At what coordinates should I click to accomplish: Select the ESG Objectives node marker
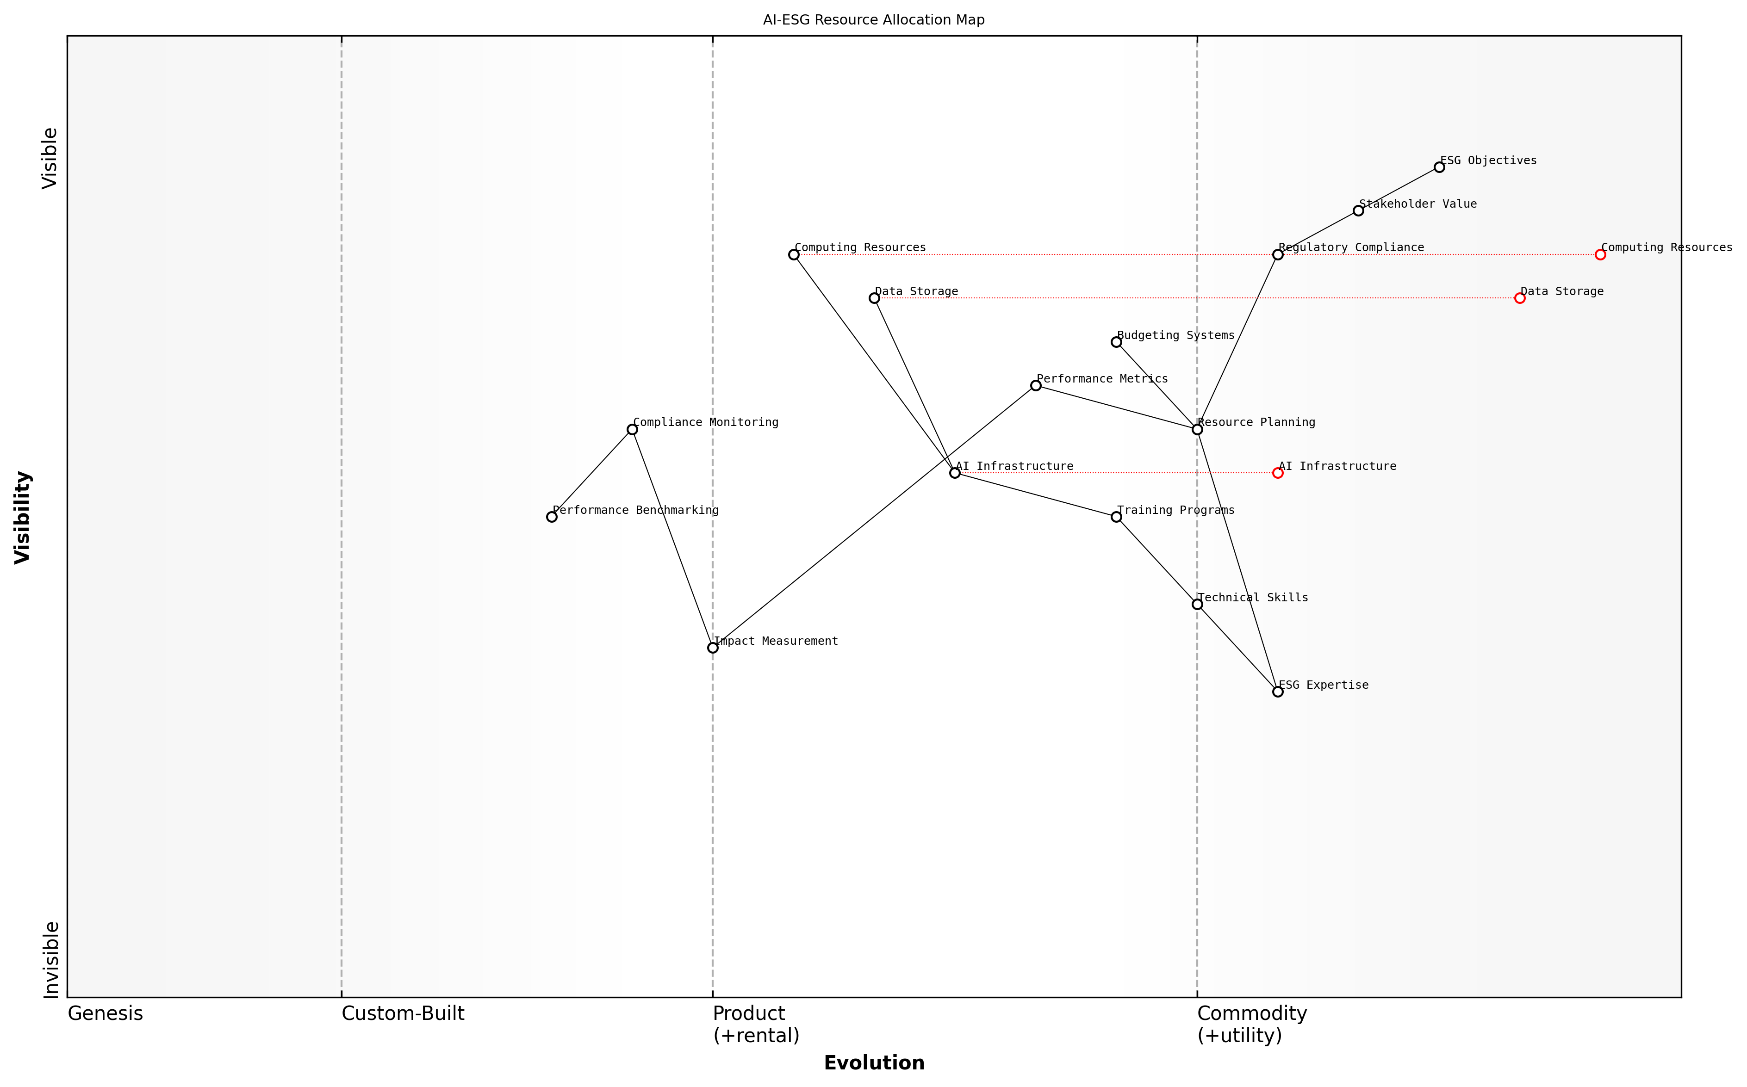point(1438,167)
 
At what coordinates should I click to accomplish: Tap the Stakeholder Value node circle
point(1358,210)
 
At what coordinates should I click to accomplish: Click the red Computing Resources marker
point(1599,254)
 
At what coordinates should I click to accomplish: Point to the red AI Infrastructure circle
point(1277,473)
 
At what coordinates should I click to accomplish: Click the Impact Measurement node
point(713,648)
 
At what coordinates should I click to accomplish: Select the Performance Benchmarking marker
point(552,517)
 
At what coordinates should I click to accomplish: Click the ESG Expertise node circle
point(1277,692)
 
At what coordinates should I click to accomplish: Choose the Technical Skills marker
point(1197,604)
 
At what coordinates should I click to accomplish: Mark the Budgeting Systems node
point(1116,342)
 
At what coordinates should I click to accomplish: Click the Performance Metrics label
point(1102,379)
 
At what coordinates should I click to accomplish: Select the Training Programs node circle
point(1116,517)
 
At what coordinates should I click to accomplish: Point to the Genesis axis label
point(105,1013)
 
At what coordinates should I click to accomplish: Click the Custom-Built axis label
point(403,1013)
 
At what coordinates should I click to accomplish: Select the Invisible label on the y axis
point(50,960)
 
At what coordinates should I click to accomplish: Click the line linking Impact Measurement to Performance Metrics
point(874,517)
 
